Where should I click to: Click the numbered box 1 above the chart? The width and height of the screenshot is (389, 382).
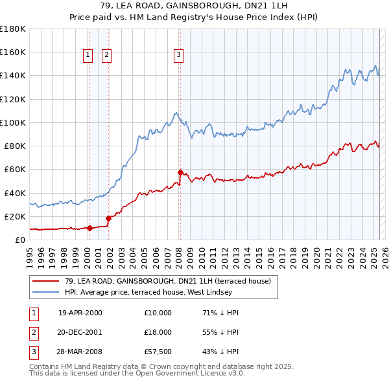pyautogui.click(x=88, y=56)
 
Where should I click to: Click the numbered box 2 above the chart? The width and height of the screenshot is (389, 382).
pyautogui.click(x=106, y=56)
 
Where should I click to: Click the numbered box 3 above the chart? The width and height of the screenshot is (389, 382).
pyautogui.click(x=178, y=56)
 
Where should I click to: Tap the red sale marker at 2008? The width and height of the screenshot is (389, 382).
pyautogui.click(x=180, y=172)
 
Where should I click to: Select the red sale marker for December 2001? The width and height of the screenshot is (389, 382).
pyautogui.click(x=108, y=218)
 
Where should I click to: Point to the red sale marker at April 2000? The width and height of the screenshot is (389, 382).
pyautogui.click(x=89, y=228)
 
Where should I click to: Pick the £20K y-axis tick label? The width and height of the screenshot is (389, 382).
pyautogui.click(x=15, y=216)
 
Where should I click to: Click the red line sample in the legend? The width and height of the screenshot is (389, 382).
pyautogui.click(x=45, y=281)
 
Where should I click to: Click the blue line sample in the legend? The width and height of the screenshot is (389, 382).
pyautogui.click(x=45, y=291)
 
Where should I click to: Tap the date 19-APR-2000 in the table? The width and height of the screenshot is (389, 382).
pyautogui.click(x=80, y=313)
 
